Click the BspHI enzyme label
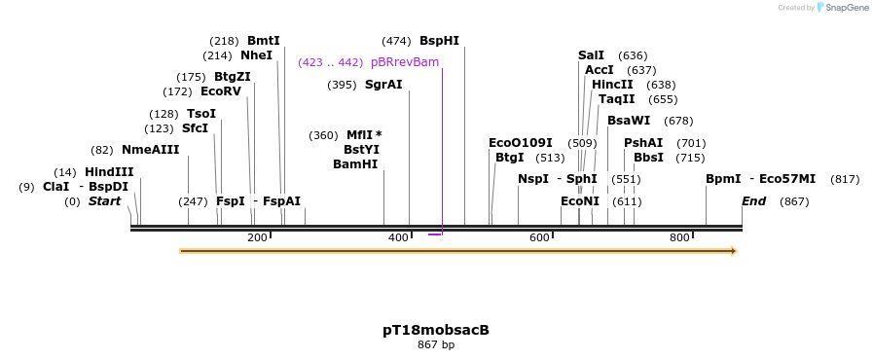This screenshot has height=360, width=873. point(439,41)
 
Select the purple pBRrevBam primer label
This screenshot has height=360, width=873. point(404,62)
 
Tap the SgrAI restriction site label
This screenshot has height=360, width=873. point(383,85)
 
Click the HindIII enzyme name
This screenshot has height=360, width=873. point(109,172)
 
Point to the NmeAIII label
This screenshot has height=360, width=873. point(151,150)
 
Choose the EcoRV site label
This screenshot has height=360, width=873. point(221,91)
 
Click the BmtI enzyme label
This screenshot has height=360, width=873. point(264,41)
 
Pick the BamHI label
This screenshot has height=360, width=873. point(355,164)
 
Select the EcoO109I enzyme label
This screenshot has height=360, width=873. point(521,143)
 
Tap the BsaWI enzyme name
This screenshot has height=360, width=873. point(629,121)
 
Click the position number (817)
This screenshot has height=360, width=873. point(845,179)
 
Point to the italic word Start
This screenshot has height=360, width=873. point(104,201)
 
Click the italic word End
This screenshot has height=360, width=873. point(754,201)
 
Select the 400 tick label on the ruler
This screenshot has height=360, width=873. point(398,237)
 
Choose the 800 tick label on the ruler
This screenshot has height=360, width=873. point(679,237)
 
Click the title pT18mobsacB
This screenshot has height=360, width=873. point(436,330)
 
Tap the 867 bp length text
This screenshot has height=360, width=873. point(436,344)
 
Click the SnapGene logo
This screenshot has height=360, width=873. point(843,8)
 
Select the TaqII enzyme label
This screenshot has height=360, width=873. point(617,99)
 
